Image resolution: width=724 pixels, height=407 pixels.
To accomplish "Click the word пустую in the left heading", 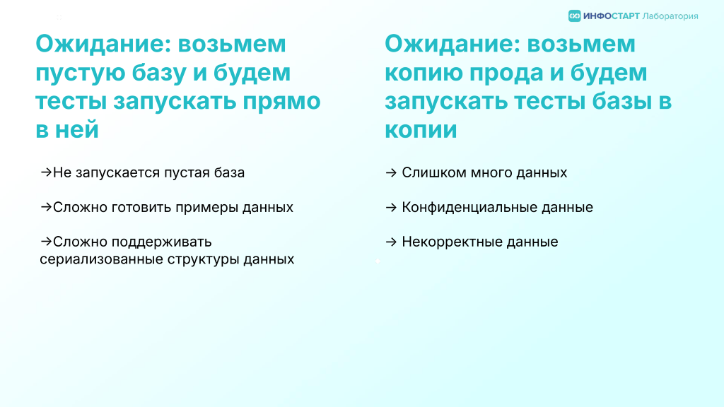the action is tap(80, 73).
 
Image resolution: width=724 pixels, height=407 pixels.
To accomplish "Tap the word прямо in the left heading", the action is tap(281, 102).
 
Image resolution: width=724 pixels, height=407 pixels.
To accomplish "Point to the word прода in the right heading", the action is tap(516, 73).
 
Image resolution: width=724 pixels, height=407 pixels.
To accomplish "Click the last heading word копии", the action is tap(421, 130).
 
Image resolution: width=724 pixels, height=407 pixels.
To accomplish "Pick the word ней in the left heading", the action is tap(76, 130).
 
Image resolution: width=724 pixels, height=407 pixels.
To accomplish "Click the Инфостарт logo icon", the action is tap(574, 16).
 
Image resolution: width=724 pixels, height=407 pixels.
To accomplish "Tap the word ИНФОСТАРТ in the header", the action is tap(612, 16).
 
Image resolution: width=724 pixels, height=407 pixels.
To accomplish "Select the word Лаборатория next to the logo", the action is tap(670, 17).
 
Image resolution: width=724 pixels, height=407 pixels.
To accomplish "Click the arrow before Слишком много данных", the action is tap(391, 172).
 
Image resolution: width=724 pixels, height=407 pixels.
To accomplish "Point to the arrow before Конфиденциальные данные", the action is tap(391, 207).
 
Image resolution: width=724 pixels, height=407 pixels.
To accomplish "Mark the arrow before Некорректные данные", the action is tap(391, 242).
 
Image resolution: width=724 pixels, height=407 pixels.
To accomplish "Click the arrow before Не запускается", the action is tap(46, 172).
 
